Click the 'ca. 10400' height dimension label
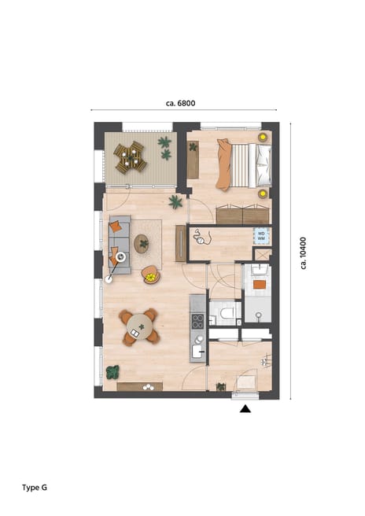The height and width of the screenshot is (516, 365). (304, 253)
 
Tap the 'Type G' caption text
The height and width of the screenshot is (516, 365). (35, 488)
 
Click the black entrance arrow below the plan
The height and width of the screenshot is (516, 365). (245, 408)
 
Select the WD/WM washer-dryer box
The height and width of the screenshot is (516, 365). (261, 234)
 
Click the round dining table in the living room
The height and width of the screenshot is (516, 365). (140, 326)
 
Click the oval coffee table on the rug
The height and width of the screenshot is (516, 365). (142, 243)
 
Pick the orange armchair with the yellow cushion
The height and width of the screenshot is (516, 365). (149, 275)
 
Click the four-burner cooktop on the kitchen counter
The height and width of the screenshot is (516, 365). (198, 321)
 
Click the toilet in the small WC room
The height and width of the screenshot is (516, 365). (227, 315)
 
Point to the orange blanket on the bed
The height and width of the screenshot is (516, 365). (226, 164)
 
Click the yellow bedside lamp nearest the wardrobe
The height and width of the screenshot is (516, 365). (262, 192)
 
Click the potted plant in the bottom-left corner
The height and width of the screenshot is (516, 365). (112, 372)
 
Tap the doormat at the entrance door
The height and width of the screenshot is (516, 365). (246, 383)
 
